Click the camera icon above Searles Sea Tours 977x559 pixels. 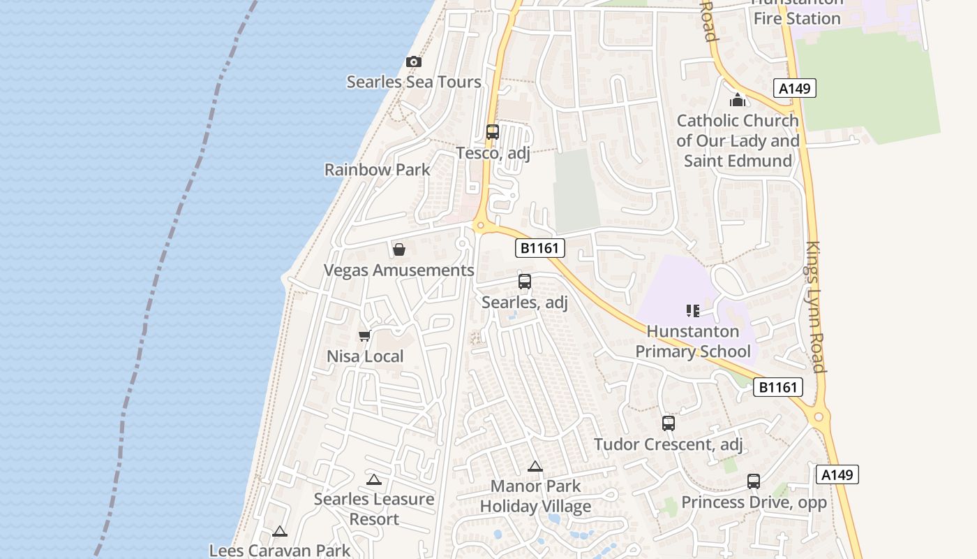click(x=414, y=61)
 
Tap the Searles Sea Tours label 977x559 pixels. click(x=414, y=82)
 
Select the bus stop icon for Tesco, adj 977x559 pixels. click(x=493, y=131)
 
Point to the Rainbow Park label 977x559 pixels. click(x=378, y=170)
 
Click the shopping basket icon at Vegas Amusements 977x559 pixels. click(x=399, y=249)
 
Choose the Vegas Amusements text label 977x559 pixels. click(x=399, y=270)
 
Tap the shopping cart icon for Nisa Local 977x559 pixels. click(x=364, y=336)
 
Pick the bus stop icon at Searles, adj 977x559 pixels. click(x=525, y=282)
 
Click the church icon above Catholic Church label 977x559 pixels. click(x=738, y=100)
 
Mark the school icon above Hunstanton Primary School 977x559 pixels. click(x=693, y=310)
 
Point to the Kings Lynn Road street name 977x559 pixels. click(x=816, y=307)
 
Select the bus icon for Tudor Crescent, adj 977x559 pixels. click(x=669, y=423)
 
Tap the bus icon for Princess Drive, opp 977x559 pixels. click(x=754, y=481)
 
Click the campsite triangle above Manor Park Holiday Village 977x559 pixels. click(x=535, y=466)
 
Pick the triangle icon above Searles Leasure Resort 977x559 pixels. click(x=374, y=479)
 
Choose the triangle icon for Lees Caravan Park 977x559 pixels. click(x=280, y=531)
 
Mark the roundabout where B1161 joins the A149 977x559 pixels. click(x=819, y=417)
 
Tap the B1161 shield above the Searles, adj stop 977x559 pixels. click(x=540, y=247)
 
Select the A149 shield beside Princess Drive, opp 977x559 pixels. click(x=837, y=475)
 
